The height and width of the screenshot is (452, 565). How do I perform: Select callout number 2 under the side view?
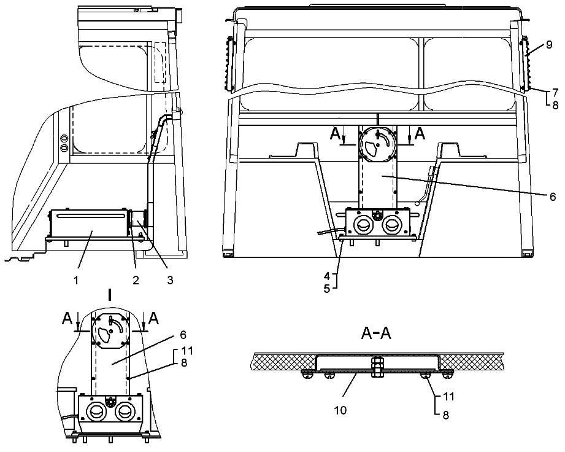135,281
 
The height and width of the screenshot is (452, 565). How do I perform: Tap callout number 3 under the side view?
170,281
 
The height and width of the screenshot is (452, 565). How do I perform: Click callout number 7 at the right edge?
555,92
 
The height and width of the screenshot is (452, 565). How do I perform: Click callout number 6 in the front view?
552,197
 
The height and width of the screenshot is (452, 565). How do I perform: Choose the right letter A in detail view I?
153,318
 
